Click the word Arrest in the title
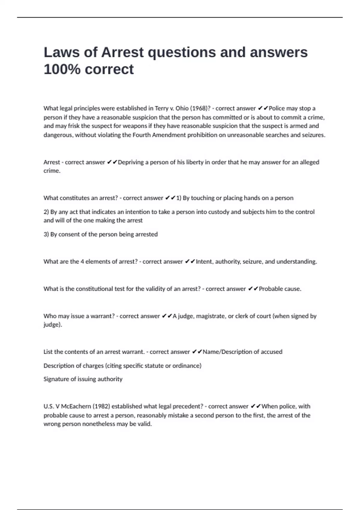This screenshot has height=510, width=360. [x=122, y=52]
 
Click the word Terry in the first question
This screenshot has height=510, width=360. [x=162, y=108]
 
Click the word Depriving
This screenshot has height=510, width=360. [x=131, y=162]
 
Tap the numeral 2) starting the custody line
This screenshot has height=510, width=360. [x=46, y=212]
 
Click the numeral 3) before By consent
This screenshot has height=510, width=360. [x=46, y=234]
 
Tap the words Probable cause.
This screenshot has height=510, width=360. [x=280, y=289]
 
